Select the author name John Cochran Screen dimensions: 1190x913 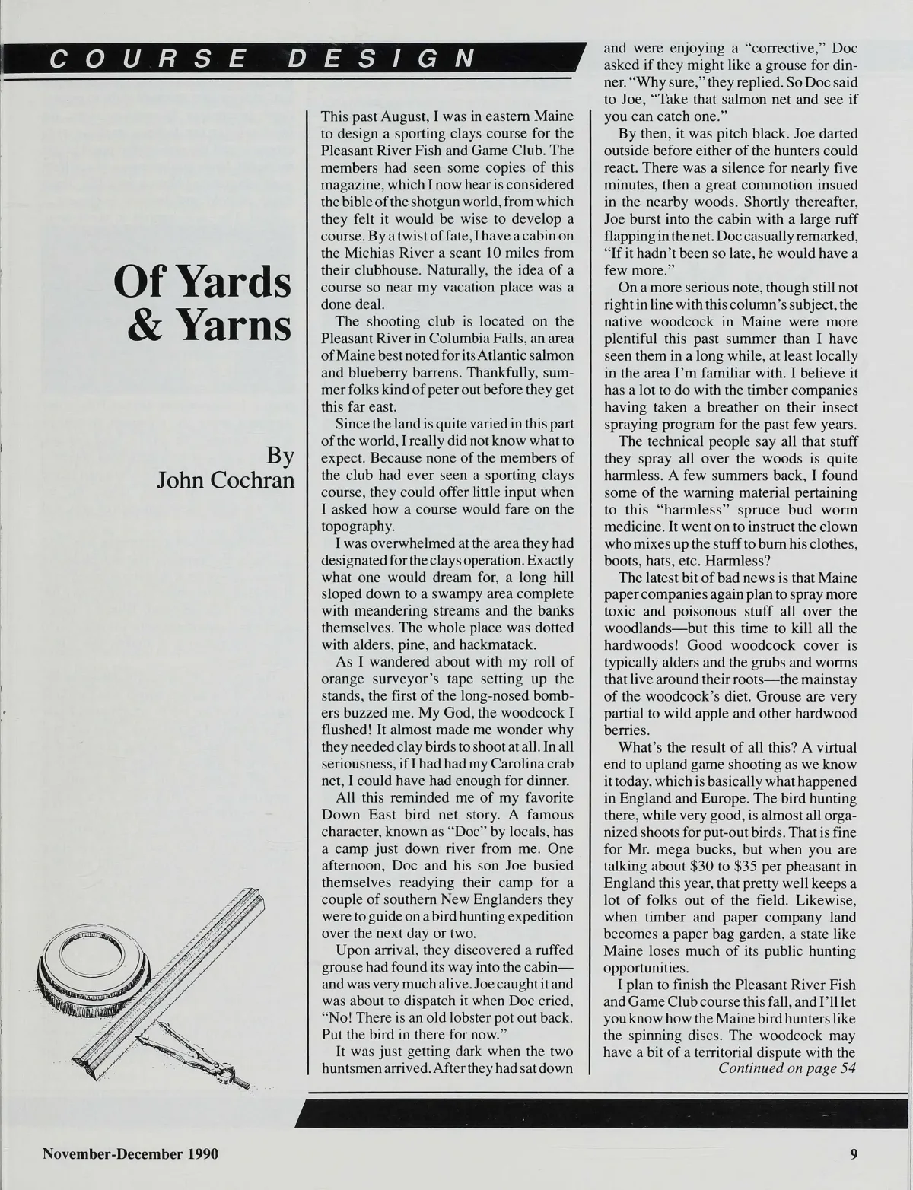pyautogui.click(x=225, y=481)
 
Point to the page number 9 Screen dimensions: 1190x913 pyautogui.click(x=854, y=1154)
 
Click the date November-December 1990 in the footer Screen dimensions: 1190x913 pyautogui.click(x=130, y=1154)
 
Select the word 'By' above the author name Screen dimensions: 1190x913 pyautogui.click(x=280, y=456)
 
